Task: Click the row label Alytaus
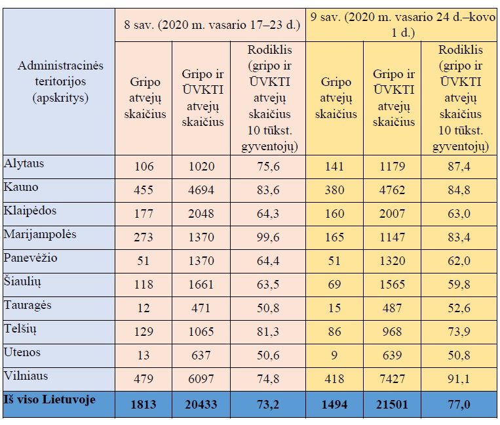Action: tap(24, 163)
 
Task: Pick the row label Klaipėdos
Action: tap(30, 211)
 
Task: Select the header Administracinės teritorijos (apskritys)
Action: tap(60, 82)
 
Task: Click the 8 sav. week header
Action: tap(212, 26)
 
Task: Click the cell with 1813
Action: tap(144, 404)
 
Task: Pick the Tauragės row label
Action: tap(28, 305)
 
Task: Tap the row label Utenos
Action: tap(22, 352)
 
